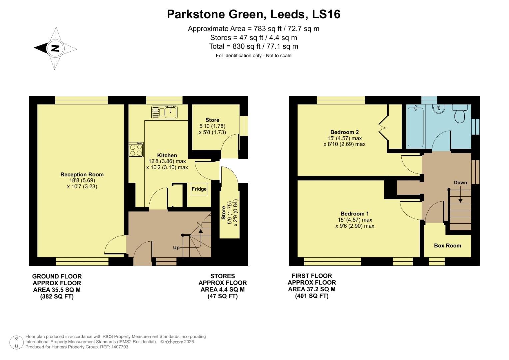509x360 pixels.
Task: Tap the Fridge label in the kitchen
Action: coord(199,189)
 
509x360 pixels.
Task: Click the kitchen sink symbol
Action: coord(165,112)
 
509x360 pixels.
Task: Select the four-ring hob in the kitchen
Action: coord(136,150)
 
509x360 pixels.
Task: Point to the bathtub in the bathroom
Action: coord(415,127)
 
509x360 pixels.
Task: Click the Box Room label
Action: coord(447,246)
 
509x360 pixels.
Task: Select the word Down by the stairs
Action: coord(460,183)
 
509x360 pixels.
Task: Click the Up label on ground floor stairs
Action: coord(176,248)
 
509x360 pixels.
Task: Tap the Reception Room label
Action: coord(82,174)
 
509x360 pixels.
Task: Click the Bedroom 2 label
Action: coord(344,132)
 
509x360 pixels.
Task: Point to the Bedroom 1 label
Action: coord(355,214)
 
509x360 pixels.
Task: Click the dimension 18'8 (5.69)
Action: coord(82,181)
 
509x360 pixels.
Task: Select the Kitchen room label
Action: coord(167,155)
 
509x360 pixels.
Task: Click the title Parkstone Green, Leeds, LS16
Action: coord(254,14)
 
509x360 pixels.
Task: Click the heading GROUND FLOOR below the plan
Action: coord(57,276)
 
